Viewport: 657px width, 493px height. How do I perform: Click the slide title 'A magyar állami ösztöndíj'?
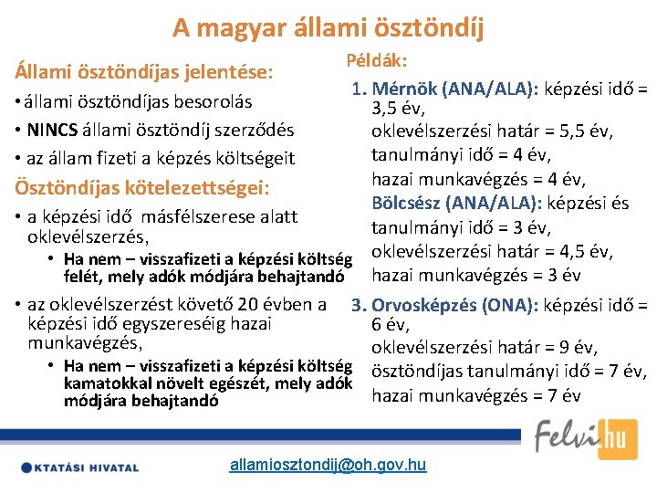(328, 26)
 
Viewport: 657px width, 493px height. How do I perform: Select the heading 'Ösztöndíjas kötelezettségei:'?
(141, 188)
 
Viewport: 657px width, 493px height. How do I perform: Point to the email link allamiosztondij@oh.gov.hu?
(328, 466)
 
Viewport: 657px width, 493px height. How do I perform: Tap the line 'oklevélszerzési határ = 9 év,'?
(485, 348)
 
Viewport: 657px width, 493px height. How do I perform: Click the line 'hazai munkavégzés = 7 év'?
(476, 395)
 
